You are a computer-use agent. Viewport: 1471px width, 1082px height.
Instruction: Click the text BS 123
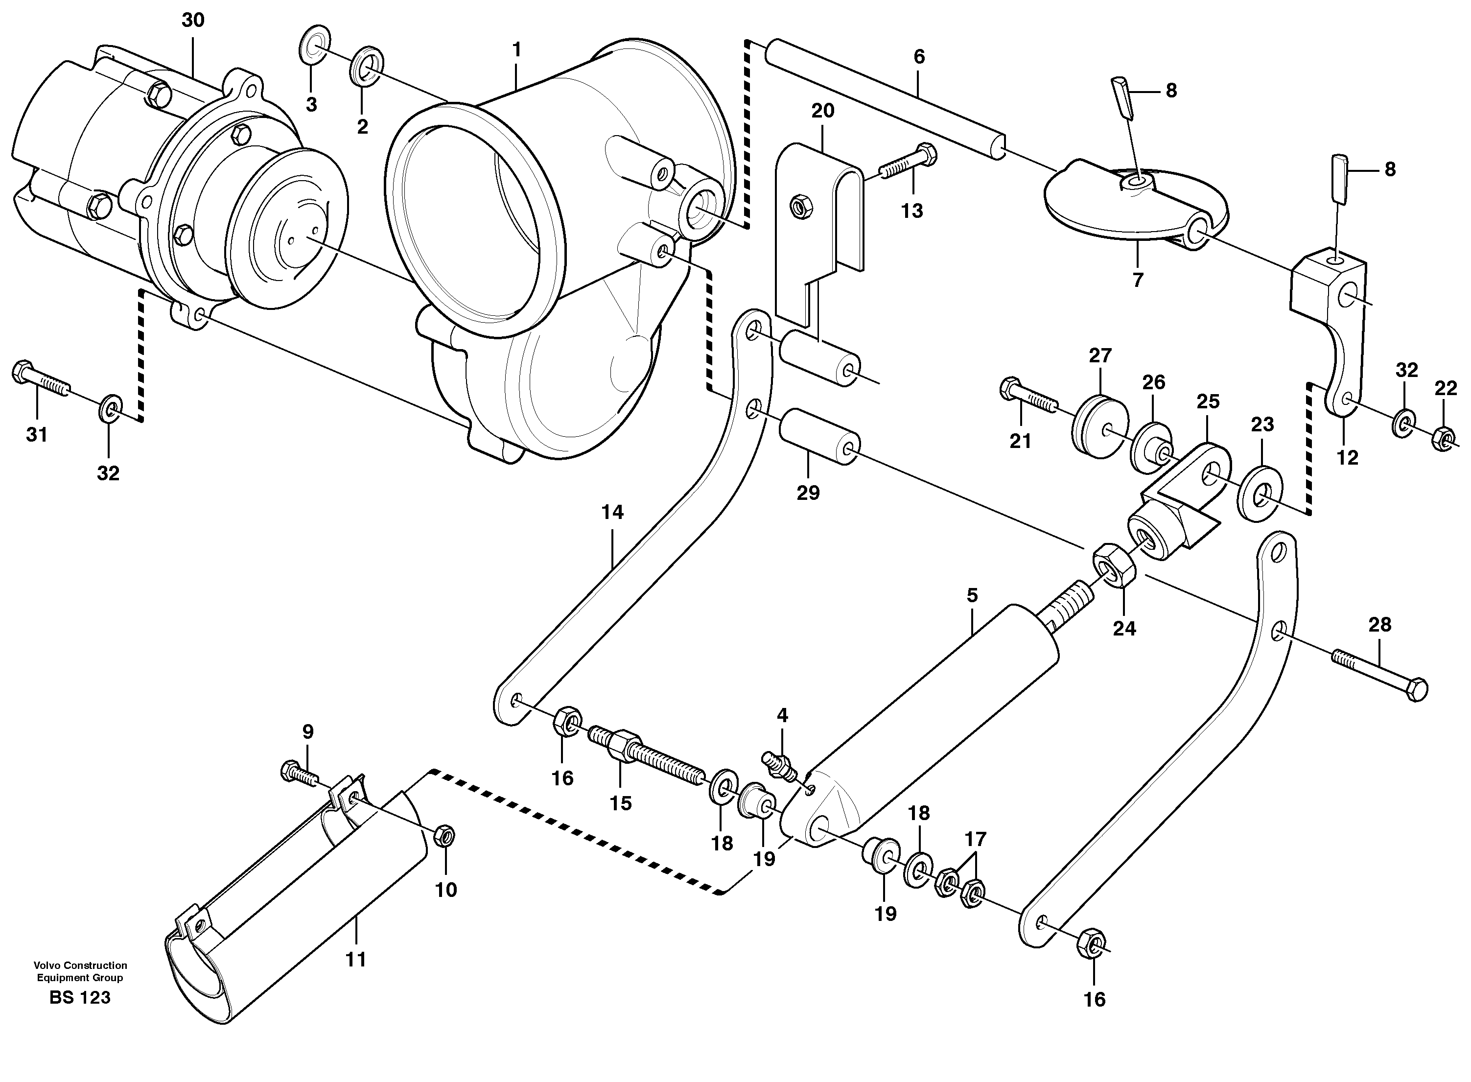[x=79, y=997]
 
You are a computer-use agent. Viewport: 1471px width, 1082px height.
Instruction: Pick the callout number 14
[x=612, y=512]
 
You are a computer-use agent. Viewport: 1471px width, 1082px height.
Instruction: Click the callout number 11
[x=355, y=960]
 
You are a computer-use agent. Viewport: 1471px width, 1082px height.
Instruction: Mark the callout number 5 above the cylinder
[x=972, y=595]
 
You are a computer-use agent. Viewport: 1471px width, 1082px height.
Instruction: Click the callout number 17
[x=975, y=839]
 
